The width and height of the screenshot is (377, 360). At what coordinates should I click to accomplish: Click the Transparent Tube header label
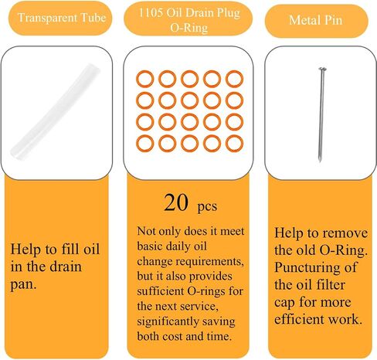point(62,18)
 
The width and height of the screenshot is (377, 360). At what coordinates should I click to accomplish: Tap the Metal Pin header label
point(316,20)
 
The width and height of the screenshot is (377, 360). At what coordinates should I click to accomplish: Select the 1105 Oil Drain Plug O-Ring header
point(188,20)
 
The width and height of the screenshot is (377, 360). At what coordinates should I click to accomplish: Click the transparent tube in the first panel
point(55,112)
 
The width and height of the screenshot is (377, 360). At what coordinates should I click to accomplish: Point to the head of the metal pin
point(322,69)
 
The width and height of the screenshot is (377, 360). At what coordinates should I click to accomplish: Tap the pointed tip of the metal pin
point(320,161)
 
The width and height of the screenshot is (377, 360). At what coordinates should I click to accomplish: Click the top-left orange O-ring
point(145,79)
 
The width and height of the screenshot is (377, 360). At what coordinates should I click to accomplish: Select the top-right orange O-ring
point(234,79)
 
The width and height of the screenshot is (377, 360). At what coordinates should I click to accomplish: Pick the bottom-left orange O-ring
point(145,143)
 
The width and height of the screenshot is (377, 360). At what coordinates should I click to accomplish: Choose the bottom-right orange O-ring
point(234,143)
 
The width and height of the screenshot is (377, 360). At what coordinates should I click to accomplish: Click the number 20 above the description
point(176,202)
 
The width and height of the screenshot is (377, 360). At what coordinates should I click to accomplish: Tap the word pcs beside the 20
point(207,206)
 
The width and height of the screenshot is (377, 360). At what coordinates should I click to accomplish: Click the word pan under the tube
point(23,284)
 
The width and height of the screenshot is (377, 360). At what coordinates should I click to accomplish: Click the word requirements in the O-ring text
point(211,262)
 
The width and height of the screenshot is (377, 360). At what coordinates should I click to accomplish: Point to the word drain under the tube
point(66,267)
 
